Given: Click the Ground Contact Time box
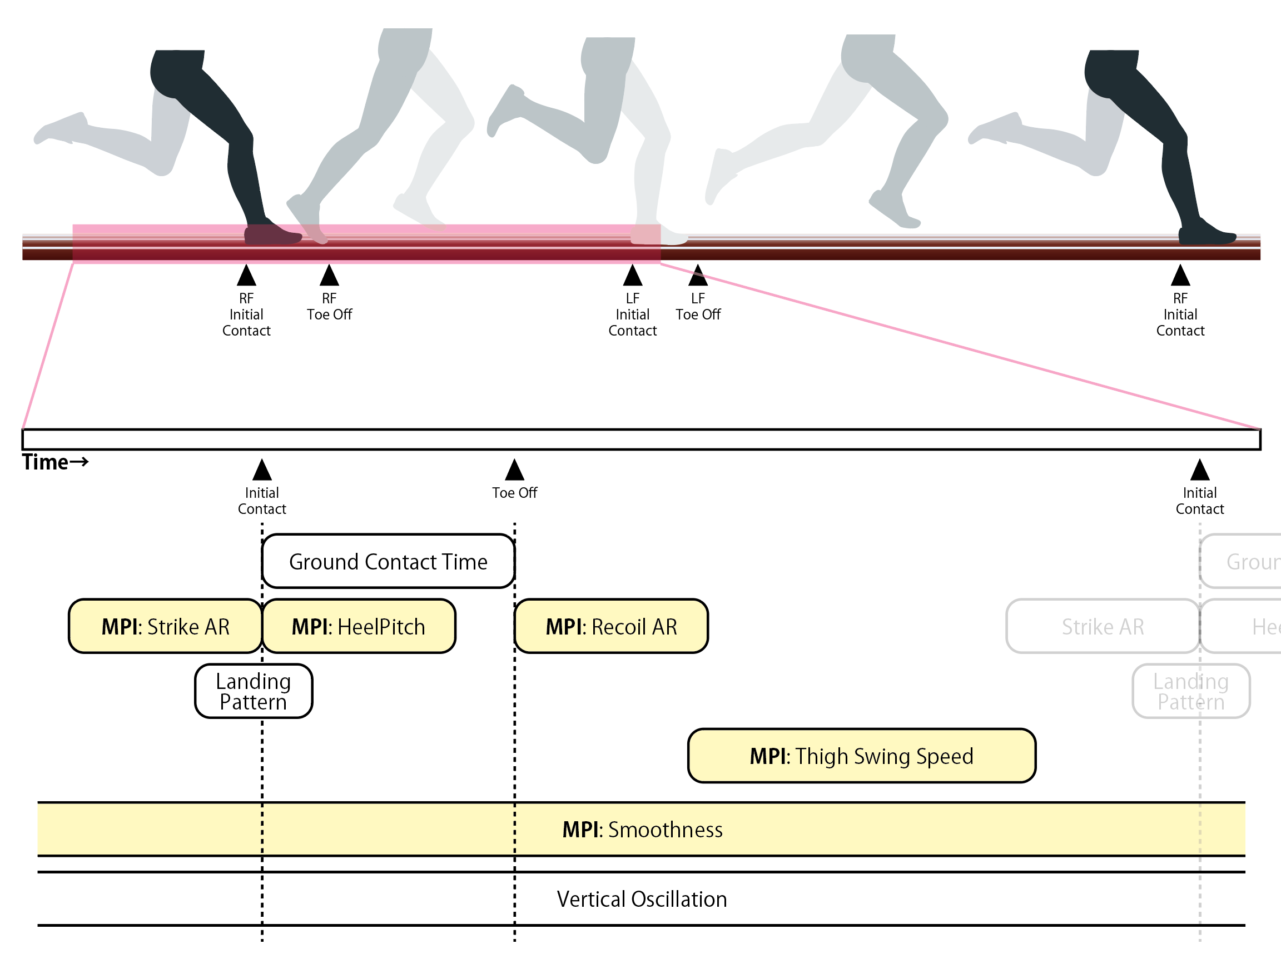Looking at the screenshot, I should point(388,561).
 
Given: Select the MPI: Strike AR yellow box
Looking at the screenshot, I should point(165,626).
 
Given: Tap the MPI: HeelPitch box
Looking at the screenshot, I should point(359,626).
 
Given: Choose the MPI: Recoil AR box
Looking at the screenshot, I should point(611,626).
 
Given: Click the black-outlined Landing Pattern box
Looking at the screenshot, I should point(254,691).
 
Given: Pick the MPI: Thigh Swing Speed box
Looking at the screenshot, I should point(861,756).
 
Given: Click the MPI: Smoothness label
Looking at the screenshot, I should point(642,830).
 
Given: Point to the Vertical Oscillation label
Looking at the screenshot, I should point(642,899).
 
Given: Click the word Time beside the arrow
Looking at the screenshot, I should point(45,462).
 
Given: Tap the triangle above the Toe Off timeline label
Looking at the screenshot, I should point(514,470).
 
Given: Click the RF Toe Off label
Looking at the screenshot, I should point(329,307).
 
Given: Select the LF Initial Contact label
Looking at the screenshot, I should point(632,314).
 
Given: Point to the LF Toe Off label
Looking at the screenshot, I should point(698,307).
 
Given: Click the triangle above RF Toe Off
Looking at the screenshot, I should point(329,276).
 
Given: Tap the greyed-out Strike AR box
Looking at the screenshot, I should point(1102,626).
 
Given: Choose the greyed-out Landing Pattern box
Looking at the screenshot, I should point(1191,691).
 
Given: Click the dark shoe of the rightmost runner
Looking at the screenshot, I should point(1207,234).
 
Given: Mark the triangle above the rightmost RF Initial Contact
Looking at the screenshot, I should point(1180,276).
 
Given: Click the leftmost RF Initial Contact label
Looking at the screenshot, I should point(246,314).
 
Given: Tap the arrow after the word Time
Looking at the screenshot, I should point(80,461).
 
